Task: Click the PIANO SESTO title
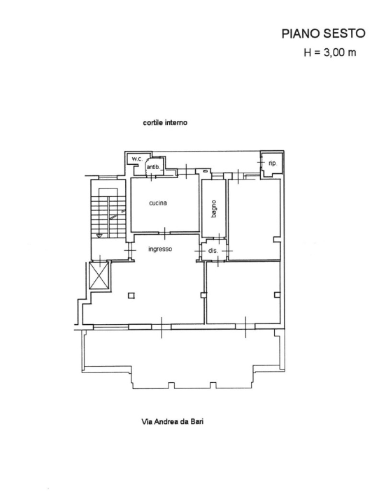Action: tap(323, 34)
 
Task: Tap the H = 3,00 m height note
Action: tap(330, 52)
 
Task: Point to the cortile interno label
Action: tap(165, 122)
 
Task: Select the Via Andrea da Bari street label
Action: tap(173, 421)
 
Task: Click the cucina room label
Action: tap(158, 203)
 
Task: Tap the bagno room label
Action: tap(214, 209)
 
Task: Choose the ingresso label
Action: tap(160, 249)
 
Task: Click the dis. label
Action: tap(213, 251)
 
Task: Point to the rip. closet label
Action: tap(272, 163)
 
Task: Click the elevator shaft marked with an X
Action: tap(99, 276)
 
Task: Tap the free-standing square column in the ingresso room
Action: tap(131, 295)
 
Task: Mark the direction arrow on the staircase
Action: tap(117, 214)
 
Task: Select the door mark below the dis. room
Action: tap(218, 261)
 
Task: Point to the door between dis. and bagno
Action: tap(219, 238)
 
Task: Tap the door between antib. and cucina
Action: tap(151, 176)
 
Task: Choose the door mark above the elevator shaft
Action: tap(100, 261)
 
